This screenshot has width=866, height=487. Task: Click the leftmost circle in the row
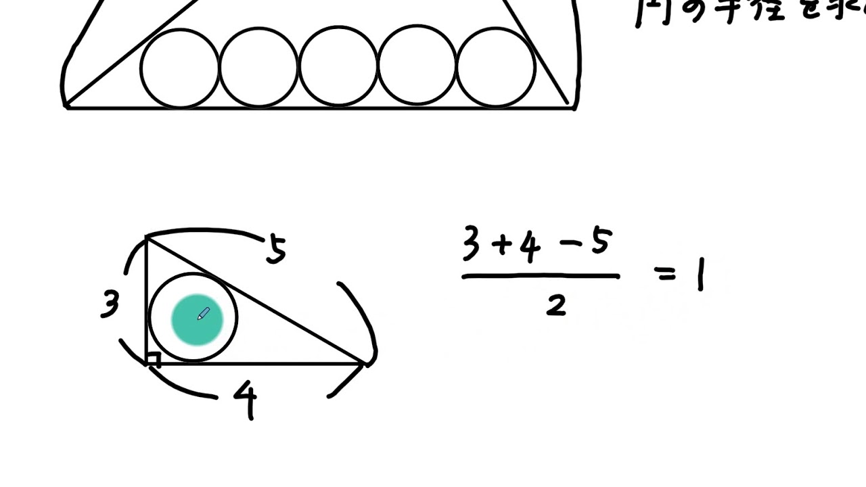(x=179, y=68)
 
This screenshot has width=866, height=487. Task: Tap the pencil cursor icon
(x=204, y=314)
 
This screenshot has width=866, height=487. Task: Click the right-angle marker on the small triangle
(x=154, y=359)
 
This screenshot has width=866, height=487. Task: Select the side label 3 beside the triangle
(x=110, y=305)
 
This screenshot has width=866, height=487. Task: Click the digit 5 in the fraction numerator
(x=599, y=243)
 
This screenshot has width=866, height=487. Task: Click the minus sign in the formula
(x=567, y=246)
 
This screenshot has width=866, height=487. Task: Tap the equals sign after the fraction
(x=666, y=275)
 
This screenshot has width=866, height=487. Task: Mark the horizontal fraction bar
(x=541, y=276)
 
